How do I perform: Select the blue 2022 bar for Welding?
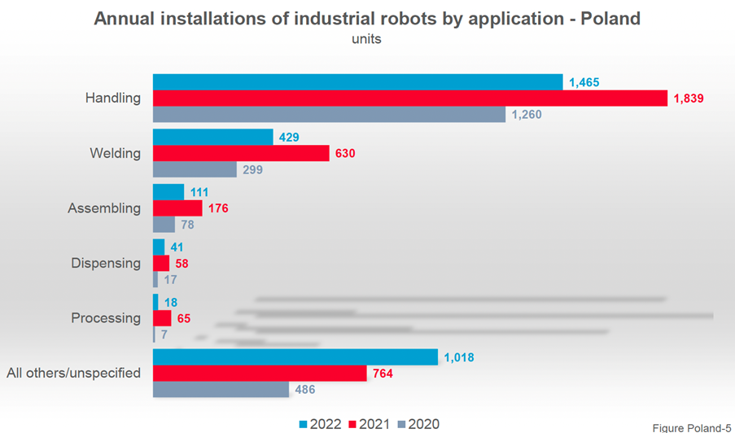(212, 137)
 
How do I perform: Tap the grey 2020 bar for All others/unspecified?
(221, 390)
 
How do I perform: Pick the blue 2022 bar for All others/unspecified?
(296, 357)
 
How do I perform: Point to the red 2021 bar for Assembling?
(177, 208)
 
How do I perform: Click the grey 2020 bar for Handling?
(329, 115)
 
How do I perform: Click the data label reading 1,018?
(459, 357)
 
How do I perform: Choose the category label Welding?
(116, 153)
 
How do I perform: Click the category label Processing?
(106, 318)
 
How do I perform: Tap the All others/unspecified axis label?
(74, 374)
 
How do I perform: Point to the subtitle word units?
(366, 38)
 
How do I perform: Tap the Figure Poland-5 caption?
(692, 426)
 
